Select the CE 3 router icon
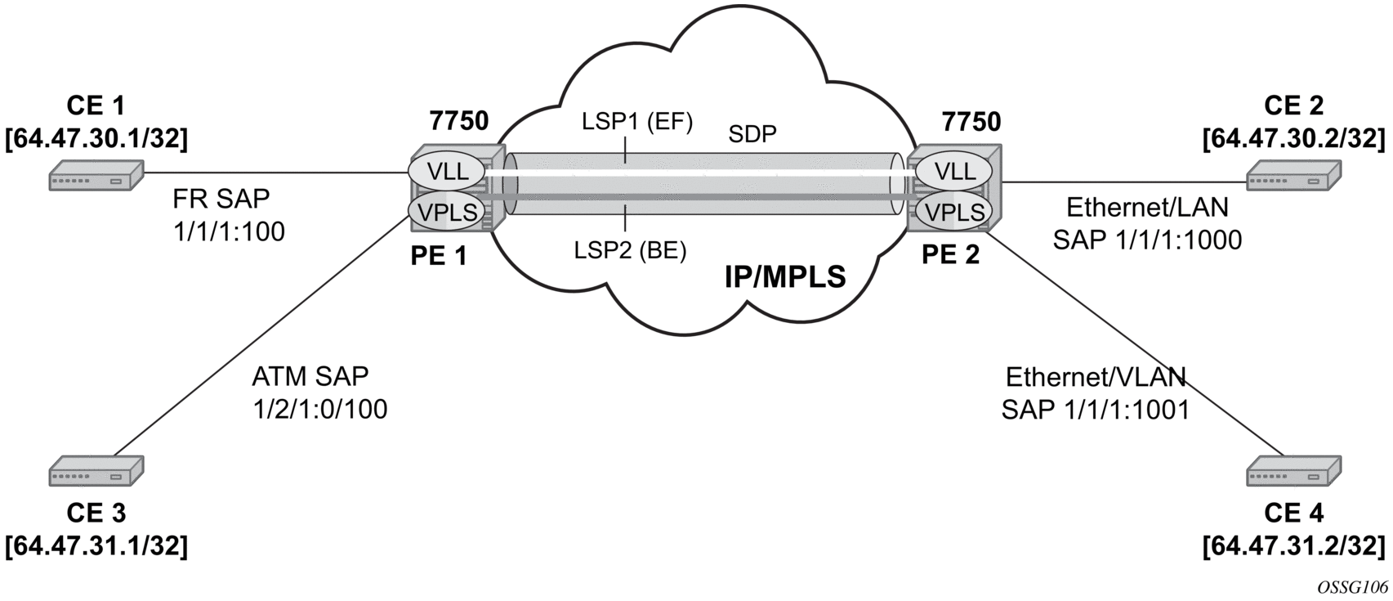click(96, 472)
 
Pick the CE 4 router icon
click(1293, 472)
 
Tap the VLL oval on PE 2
click(954, 172)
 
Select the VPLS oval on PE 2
click(954, 211)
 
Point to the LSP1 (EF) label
click(636, 123)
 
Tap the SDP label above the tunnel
click(752, 135)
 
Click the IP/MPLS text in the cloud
click(785, 278)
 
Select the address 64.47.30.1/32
click(96, 139)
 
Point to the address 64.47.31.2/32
click(1293, 545)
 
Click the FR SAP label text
click(221, 199)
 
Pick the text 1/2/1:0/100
click(319, 408)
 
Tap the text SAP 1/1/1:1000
click(1147, 240)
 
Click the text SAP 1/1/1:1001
click(1095, 408)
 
